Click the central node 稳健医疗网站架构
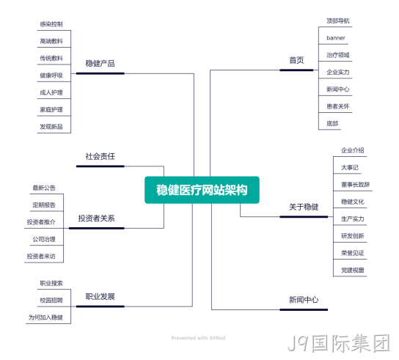[202, 190]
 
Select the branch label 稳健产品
[100, 63]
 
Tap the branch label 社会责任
[100, 156]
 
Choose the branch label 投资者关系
[96, 218]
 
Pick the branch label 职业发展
[100, 296]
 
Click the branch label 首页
[296, 60]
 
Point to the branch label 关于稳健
[304, 207]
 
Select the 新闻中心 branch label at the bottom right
[304, 300]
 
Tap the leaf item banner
[336, 38]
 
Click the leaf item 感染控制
[51, 24]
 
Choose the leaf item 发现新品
[51, 126]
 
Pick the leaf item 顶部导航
[338, 21]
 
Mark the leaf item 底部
[332, 123]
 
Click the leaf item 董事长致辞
[355, 185]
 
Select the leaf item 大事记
[350, 167]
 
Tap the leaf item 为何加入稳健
[45, 317]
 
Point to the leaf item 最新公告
[44, 188]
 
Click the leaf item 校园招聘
[51, 300]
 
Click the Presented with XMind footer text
[198, 338]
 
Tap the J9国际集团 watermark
[339, 343]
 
